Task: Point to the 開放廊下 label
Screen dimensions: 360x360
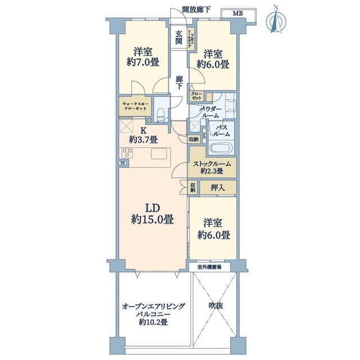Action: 197,9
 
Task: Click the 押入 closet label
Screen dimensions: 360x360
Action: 218,187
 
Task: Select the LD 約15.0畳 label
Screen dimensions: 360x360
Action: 152,213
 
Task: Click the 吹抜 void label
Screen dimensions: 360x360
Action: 216,306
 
